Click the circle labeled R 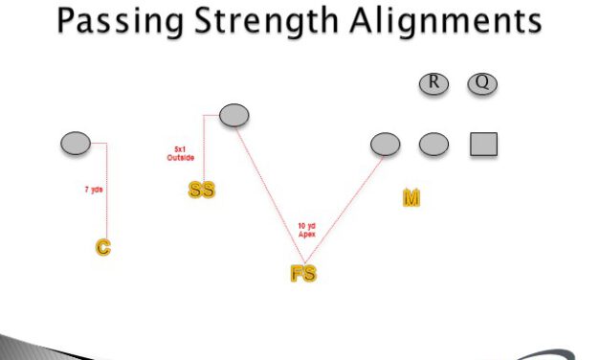433,83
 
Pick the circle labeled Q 482,83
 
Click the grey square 483,144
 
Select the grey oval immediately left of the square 433,144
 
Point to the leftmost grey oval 76,144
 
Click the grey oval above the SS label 234,115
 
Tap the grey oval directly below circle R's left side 386,144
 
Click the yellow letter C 102,247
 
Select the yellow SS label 201,190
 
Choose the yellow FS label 303,274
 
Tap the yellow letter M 411,198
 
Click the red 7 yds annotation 93,190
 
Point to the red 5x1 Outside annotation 185,153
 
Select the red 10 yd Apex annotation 306,229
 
